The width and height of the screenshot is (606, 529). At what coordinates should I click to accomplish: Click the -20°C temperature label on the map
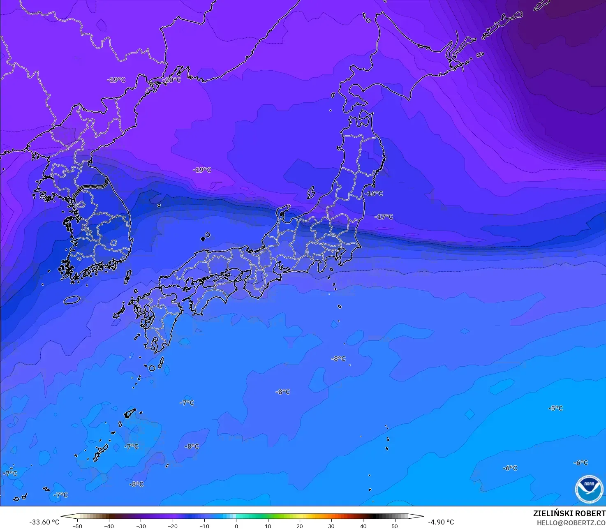point(172,80)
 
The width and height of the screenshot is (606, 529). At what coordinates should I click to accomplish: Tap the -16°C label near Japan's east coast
point(374,193)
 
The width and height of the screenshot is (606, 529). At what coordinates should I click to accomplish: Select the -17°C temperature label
point(384,217)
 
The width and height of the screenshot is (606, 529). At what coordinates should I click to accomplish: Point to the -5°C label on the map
point(555,408)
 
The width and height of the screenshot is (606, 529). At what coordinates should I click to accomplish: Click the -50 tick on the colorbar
point(77,526)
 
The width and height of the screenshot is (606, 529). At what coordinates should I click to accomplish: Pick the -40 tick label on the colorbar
point(109,526)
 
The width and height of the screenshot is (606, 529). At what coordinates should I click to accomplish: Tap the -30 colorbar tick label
point(141,526)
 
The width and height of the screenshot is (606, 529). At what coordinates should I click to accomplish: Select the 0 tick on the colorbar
point(236,526)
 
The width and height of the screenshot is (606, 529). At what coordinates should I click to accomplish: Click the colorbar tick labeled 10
point(268,526)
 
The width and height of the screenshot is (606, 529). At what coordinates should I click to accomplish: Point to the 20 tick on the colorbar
point(299,526)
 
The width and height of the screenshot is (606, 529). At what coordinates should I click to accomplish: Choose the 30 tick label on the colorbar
point(331,526)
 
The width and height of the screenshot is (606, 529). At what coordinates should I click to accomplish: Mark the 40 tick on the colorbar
point(363,526)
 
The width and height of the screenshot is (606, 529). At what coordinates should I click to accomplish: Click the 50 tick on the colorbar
point(395,526)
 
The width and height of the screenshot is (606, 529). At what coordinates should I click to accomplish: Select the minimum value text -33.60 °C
point(44,522)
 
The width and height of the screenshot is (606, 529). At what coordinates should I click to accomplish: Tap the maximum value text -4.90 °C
point(441,522)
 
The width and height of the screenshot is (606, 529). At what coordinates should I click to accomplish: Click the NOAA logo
point(589,489)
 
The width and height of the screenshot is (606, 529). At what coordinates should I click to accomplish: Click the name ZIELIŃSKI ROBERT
point(569,513)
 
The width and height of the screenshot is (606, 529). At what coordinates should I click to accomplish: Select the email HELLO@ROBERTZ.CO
point(571,522)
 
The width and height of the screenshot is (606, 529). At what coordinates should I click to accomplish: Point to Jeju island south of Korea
point(72,300)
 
